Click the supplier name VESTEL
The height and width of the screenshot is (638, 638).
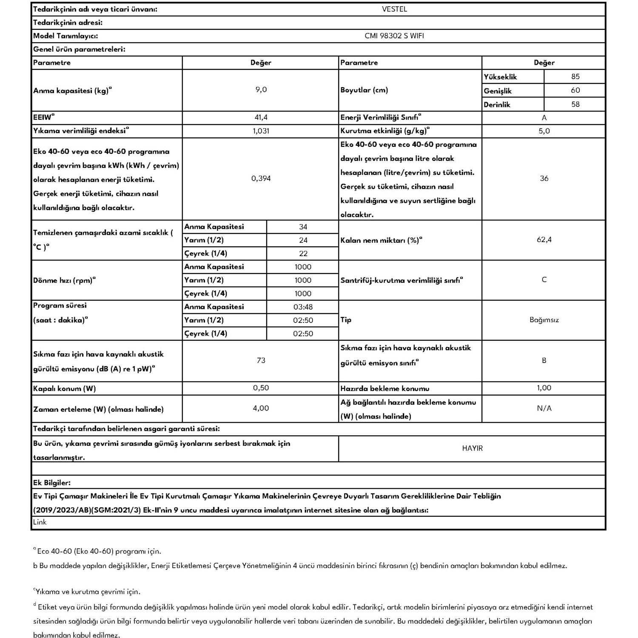[x=394, y=9]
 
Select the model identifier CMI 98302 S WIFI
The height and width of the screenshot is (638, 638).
[x=394, y=36]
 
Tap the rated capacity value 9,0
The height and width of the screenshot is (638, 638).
[x=261, y=90]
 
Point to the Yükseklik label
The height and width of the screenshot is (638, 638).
[x=500, y=77]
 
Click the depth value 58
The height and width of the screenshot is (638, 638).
[x=575, y=104]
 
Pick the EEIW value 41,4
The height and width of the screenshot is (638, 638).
[x=261, y=117]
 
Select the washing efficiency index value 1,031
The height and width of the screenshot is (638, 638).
[x=261, y=131]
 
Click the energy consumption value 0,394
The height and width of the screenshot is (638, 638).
[x=261, y=179]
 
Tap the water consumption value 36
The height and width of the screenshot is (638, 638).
[x=544, y=179]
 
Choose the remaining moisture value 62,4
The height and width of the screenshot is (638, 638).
[x=544, y=240]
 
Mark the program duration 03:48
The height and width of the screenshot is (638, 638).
[x=303, y=307]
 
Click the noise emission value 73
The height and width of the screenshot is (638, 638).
[x=261, y=361]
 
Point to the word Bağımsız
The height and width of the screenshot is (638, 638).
[x=544, y=320]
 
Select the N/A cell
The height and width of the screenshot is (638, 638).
[x=544, y=408]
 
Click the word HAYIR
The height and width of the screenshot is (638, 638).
[x=472, y=448]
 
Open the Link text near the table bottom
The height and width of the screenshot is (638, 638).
[x=40, y=522]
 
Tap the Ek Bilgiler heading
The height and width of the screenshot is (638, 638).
[x=51, y=483]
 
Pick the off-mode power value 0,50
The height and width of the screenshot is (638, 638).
[x=261, y=388]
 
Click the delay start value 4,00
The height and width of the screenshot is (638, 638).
[x=261, y=408]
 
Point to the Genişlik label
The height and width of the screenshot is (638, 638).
[x=497, y=91]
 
